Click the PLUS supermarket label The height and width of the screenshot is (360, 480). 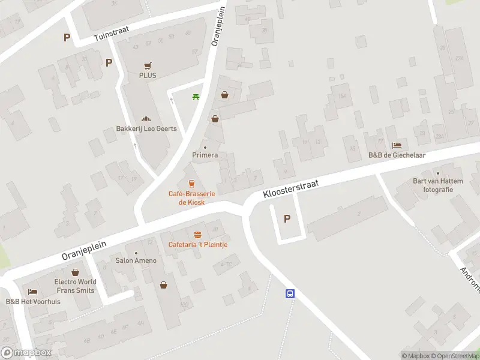tap(148, 76)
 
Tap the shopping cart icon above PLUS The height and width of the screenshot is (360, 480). tap(148, 65)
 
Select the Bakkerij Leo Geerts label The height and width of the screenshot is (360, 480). tap(142, 128)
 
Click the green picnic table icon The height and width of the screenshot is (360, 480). tap(195, 97)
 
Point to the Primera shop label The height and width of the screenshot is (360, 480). tap(205, 155)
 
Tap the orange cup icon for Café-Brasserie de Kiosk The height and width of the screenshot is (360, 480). tap(191, 184)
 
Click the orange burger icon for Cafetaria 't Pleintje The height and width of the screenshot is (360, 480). tap(197, 235)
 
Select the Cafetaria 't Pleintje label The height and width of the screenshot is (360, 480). tap(197, 244)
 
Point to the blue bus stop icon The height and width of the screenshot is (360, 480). tap(290, 293)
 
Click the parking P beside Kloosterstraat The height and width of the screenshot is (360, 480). tap(287, 219)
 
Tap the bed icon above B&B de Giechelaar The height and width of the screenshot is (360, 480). tap(397, 145)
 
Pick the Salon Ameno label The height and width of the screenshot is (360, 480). tap(136, 260)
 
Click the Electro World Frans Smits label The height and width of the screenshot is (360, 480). tap(74, 286)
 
